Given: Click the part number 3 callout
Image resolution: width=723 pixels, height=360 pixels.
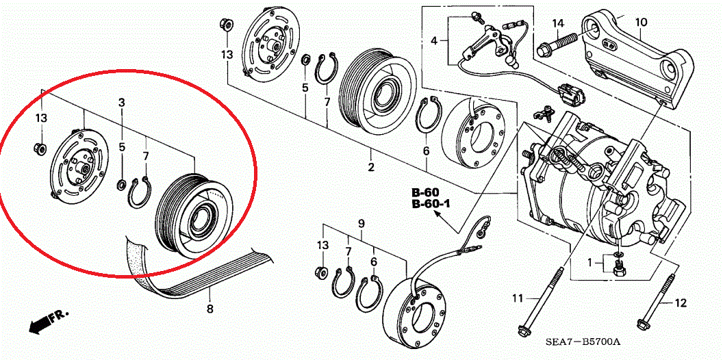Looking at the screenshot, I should tap(121, 103).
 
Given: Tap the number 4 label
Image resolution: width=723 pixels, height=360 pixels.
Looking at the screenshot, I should tap(433, 42).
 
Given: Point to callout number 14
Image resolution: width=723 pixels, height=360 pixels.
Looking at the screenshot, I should tap(558, 24).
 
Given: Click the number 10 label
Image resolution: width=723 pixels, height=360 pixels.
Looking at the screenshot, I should tap(640, 23).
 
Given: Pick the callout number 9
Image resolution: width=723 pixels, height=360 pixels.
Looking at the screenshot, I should tap(361, 224).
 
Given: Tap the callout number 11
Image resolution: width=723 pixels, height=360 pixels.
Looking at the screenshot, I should tap(518, 298).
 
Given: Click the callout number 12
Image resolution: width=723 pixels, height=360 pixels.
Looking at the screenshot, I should tap(680, 303).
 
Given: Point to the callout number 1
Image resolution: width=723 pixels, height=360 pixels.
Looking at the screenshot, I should tap(589, 262).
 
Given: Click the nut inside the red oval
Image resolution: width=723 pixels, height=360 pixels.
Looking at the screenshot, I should tap(40, 148).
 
